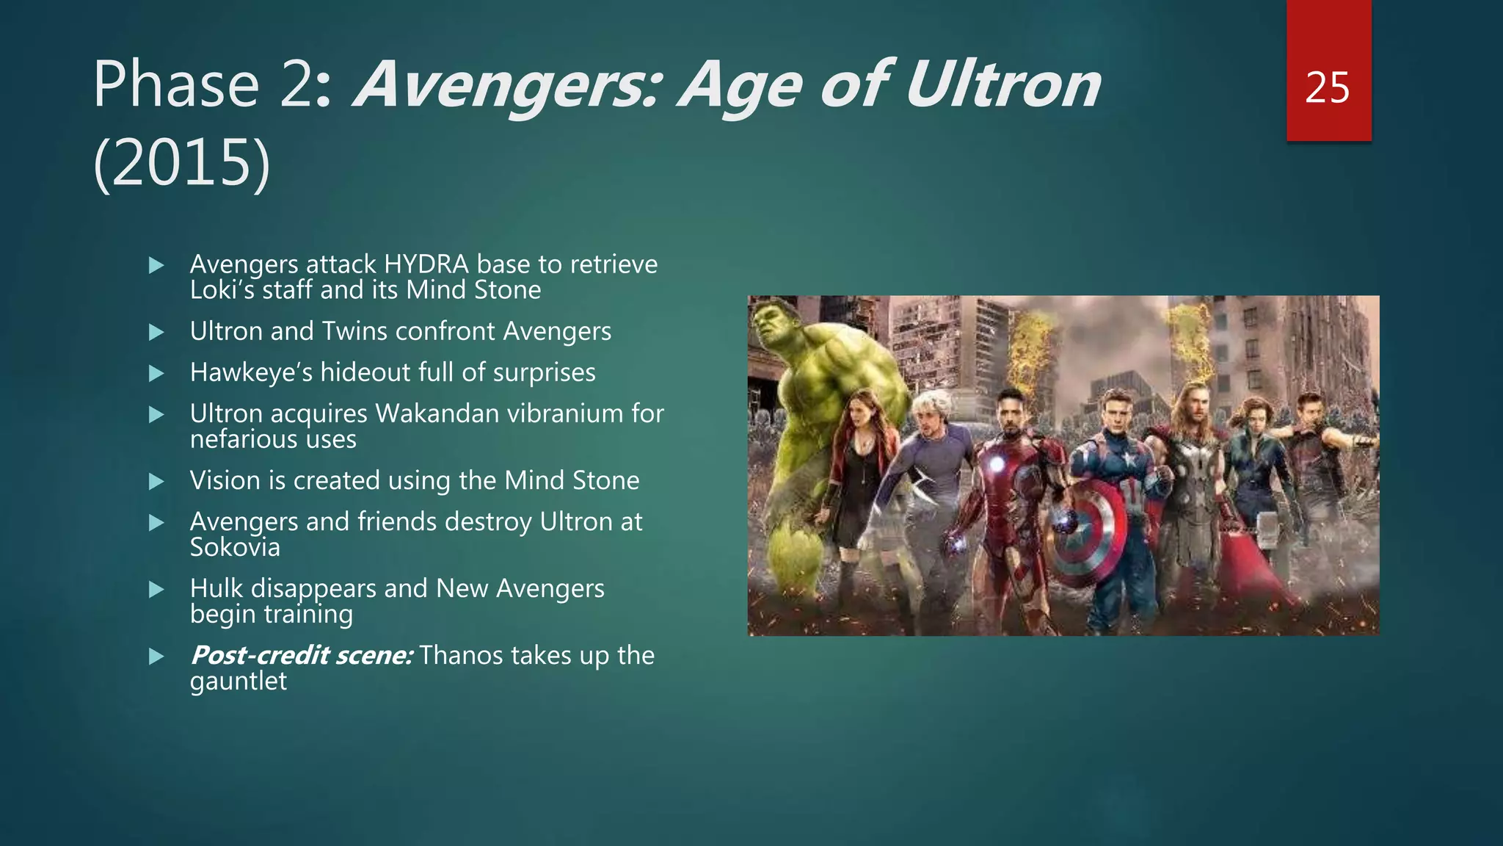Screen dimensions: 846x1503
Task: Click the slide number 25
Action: (1328, 88)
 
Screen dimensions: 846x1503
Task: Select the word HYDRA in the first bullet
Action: (426, 264)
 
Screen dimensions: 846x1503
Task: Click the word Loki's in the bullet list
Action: (222, 290)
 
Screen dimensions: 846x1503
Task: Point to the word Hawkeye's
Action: (251, 373)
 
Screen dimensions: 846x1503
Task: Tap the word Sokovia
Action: (235, 548)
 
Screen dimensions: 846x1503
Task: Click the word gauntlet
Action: (238, 681)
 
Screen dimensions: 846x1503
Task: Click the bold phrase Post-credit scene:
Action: (302, 656)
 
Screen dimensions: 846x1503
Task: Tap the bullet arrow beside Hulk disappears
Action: (156, 590)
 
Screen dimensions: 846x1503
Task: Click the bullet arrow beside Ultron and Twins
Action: (156, 333)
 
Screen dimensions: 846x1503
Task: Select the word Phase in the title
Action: (176, 86)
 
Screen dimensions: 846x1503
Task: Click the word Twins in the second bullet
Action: (356, 332)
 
